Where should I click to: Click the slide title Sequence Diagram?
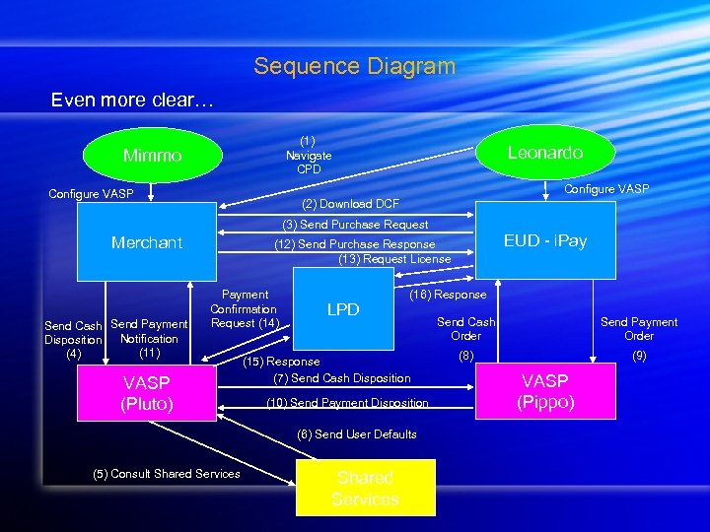354,66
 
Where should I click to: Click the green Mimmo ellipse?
152,156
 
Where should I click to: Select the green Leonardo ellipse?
544,152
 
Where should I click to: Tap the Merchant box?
147,242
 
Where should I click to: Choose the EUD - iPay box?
544,240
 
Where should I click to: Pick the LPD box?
342,309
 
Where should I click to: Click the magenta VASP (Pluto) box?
146,393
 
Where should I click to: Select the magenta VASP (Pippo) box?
544,391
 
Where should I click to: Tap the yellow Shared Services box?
365,489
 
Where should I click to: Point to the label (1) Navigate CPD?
309,156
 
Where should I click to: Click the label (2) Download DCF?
350,204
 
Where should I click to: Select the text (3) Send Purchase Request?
355,225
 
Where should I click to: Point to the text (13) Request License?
394,259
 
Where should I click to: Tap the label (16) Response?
448,295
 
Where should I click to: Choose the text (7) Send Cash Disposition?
341,378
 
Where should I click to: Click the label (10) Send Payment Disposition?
347,402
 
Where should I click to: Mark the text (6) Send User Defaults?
356,434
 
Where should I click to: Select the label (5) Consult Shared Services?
167,474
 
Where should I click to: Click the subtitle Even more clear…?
131,100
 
